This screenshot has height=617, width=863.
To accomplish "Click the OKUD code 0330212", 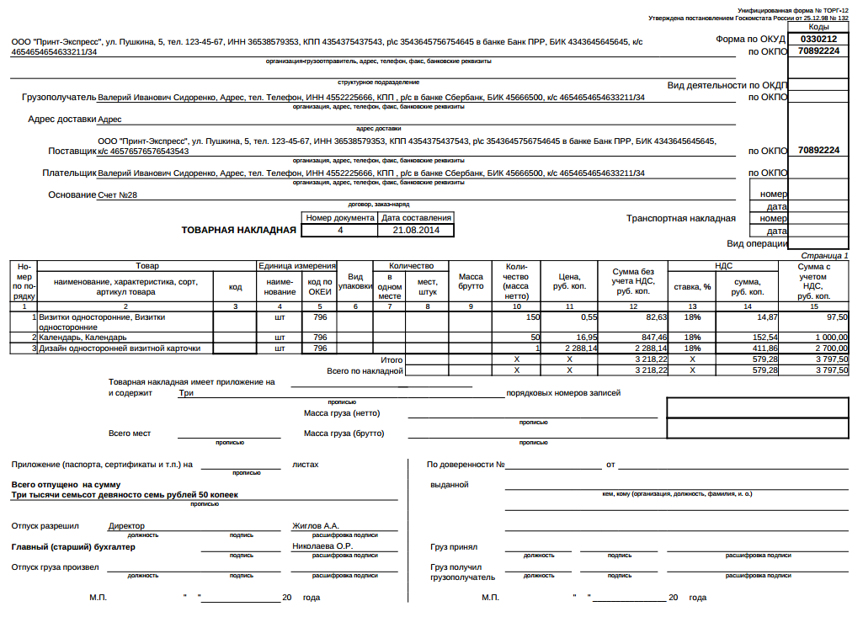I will pyautogui.click(x=818, y=39).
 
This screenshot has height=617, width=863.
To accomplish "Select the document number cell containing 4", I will pyautogui.click(x=340, y=230).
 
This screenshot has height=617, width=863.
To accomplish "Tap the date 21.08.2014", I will pyautogui.click(x=416, y=230).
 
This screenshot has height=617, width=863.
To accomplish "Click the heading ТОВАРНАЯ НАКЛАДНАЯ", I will pyautogui.click(x=239, y=229).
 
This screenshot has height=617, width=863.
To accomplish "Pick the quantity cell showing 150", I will pyautogui.click(x=532, y=317).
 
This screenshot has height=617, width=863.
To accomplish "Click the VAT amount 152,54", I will pyautogui.click(x=743, y=337).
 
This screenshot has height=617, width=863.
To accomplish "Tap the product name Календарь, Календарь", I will pyautogui.click(x=77, y=337).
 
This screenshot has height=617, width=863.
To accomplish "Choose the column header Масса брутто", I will pyautogui.click(x=471, y=281).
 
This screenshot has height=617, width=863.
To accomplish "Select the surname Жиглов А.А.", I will pyautogui.click(x=315, y=526).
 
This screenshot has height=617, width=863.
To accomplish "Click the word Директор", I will pyautogui.click(x=126, y=526).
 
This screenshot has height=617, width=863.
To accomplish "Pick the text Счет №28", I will pyautogui.click(x=117, y=195).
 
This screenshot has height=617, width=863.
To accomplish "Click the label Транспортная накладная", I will pyautogui.click(x=680, y=218).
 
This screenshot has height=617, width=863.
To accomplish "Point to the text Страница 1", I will pyautogui.click(x=824, y=255).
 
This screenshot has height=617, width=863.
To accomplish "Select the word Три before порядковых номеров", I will pyautogui.click(x=186, y=393).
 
